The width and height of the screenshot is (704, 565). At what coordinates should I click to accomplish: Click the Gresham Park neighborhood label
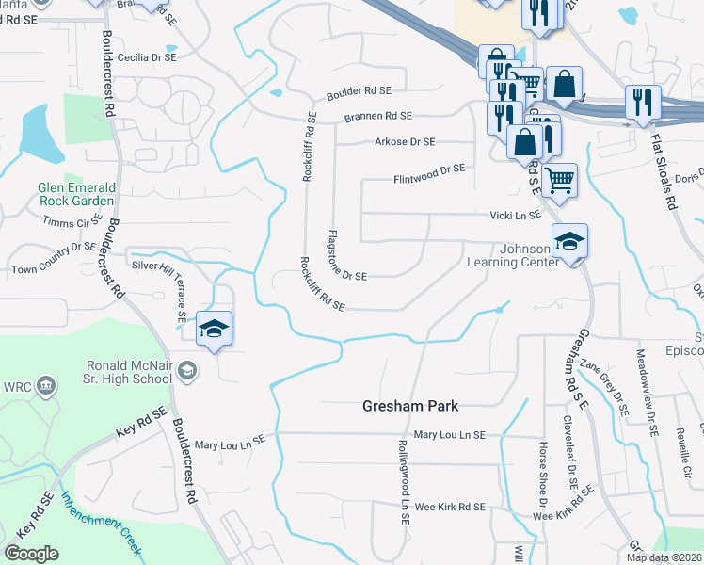click(410, 406)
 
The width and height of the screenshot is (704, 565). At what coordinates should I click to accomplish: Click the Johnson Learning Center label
click(513, 255)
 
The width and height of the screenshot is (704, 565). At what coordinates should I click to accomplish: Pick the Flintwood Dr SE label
click(429, 173)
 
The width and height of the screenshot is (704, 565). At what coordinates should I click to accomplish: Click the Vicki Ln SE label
click(515, 215)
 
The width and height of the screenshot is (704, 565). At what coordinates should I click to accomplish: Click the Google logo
click(31, 554)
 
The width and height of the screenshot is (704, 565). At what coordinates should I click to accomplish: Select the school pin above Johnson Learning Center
click(569, 243)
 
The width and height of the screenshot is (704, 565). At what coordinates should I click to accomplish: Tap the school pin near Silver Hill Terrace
click(214, 330)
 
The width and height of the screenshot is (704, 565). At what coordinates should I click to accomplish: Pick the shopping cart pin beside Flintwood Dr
click(559, 178)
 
